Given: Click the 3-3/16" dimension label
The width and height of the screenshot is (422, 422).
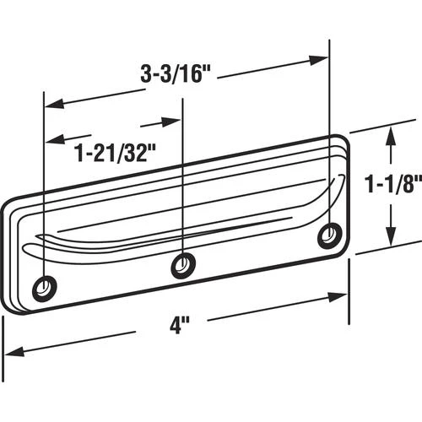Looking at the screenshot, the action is click(x=176, y=74).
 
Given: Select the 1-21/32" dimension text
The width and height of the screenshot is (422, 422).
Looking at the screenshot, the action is click(x=115, y=153).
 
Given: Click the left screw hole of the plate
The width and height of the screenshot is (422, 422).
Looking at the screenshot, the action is click(x=45, y=288).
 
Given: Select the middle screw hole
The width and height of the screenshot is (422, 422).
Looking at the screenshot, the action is click(x=184, y=265).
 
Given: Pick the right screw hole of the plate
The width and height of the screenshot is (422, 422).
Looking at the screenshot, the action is click(x=330, y=235).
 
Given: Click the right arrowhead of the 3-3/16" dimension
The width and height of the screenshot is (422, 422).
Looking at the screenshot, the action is click(x=318, y=60).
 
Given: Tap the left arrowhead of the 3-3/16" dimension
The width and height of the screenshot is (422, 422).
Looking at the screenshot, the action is click(x=55, y=104).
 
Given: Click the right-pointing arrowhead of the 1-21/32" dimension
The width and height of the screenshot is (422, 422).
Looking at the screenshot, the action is click(x=170, y=122).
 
